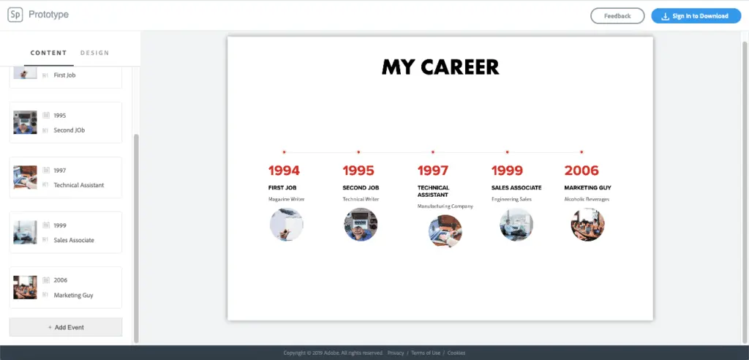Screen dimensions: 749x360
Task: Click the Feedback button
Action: (617, 16)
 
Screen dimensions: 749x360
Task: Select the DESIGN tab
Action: (94, 53)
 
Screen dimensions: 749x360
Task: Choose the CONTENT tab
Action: (48, 53)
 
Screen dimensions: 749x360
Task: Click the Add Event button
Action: (66, 328)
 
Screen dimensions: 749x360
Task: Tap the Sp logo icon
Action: (15, 15)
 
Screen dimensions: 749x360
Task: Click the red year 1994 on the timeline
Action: (284, 170)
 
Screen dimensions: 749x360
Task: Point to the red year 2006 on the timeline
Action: (581, 170)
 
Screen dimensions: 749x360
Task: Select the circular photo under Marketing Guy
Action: (587, 224)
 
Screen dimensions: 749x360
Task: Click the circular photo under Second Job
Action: (361, 224)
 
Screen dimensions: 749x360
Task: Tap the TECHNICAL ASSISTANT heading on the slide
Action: (433, 191)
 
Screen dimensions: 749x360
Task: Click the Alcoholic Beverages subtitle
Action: (587, 199)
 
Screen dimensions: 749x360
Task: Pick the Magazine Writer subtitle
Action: (286, 199)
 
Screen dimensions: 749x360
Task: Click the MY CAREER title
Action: (440, 67)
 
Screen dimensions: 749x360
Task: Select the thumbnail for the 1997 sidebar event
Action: (25, 177)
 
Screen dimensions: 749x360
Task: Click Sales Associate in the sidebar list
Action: (74, 240)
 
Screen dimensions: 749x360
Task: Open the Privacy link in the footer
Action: (396, 353)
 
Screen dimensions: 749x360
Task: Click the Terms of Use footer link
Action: (426, 353)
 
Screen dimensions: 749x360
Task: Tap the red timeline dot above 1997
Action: (433, 152)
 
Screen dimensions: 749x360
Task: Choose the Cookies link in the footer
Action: (456, 353)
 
